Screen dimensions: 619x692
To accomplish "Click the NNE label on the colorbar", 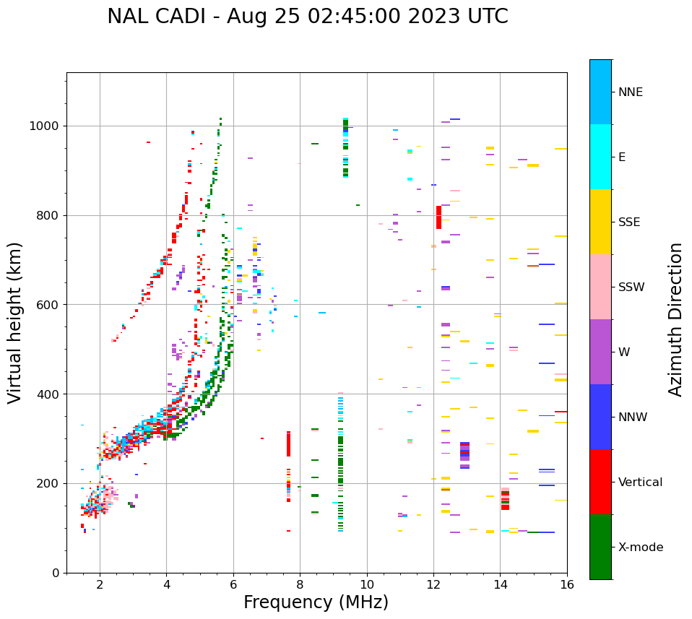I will [x=630, y=92].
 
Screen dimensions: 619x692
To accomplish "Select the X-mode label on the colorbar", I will [x=640, y=547].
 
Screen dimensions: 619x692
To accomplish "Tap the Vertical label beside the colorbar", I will [x=640, y=482].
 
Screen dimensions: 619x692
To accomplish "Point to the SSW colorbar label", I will [x=631, y=287].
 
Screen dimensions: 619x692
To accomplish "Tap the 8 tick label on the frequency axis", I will [x=300, y=586].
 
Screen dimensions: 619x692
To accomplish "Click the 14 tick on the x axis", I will [x=501, y=586].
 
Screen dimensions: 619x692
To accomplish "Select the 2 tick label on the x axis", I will [x=100, y=586].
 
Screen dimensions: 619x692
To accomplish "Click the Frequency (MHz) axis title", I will [x=316, y=603].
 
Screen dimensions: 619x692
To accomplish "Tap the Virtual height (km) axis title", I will [x=15, y=323].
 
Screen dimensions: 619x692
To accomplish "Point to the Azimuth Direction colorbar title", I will [x=676, y=319].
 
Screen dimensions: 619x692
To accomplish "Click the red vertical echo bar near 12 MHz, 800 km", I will [x=438, y=217].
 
